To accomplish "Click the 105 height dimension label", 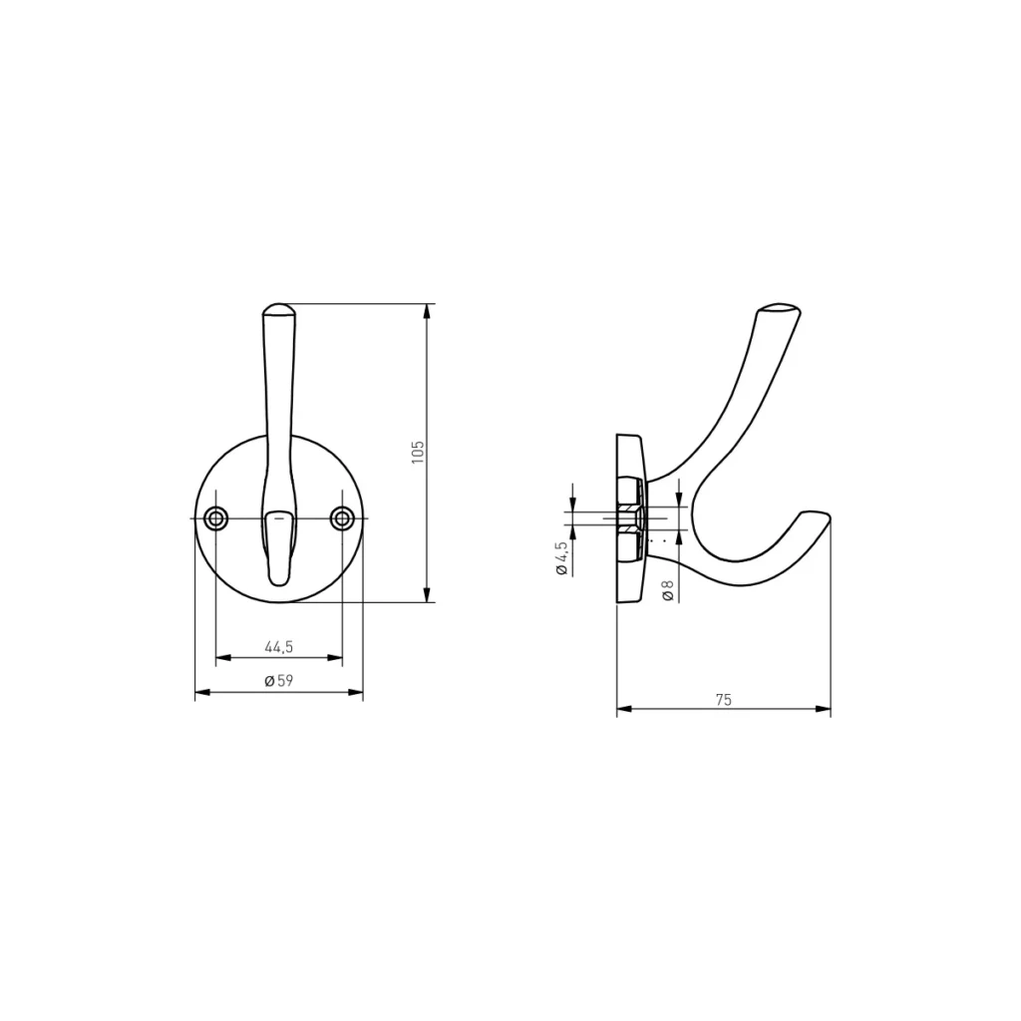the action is tap(418, 452).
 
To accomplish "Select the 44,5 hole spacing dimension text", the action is tap(279, 646).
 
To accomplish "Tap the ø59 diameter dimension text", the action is tap(279, 680).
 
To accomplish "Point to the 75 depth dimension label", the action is tap(724, 699).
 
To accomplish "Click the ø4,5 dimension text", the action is tap(561, 558).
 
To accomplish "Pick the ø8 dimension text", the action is tap(668, 590).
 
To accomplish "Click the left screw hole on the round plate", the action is tap(215, 518).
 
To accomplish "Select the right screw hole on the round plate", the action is tap(342, 518).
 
